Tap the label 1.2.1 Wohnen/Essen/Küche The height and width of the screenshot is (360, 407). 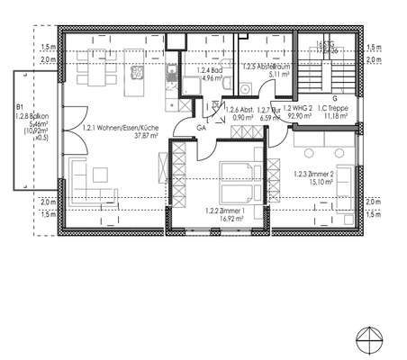pyautogui.click(x=120, y=129)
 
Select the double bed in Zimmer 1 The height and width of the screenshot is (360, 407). pyautogui.click(x=238, y=177)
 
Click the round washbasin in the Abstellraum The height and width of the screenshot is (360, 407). pyautogui.click(x=245, y=87)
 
